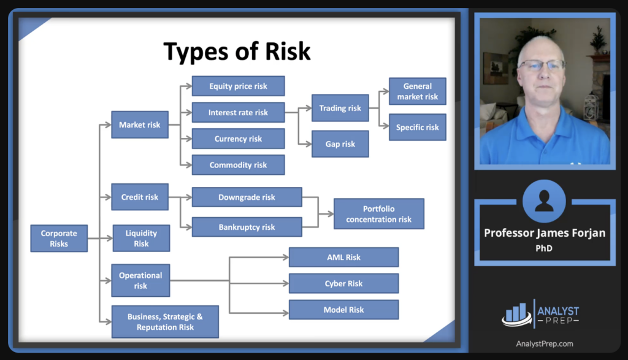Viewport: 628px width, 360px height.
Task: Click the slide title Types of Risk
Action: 237,52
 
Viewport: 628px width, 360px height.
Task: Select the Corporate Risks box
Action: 59,239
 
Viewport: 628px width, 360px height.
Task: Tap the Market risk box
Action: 140,124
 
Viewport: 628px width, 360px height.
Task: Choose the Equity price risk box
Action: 238,86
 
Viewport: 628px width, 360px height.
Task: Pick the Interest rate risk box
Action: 238,113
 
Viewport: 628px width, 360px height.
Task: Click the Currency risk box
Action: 238,139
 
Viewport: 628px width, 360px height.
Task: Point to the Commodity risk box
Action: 238,165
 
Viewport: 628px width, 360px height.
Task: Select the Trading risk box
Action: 340,108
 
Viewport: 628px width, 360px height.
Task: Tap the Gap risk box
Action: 340,144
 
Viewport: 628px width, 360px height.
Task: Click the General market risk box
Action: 417,91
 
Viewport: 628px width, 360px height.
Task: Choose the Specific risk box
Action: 417,128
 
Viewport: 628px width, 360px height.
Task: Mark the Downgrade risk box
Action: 247,197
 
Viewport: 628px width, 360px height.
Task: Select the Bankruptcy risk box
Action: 247,227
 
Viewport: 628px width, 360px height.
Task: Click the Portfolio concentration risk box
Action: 378,214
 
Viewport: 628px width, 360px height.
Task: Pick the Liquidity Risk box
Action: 141,238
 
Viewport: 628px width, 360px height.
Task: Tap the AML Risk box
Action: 343,258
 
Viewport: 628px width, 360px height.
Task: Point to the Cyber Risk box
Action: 343,284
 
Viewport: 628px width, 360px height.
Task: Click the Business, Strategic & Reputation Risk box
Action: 164,322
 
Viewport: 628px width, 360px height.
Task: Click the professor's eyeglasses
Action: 541,65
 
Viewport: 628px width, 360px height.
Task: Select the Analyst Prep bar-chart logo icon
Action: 516,314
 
